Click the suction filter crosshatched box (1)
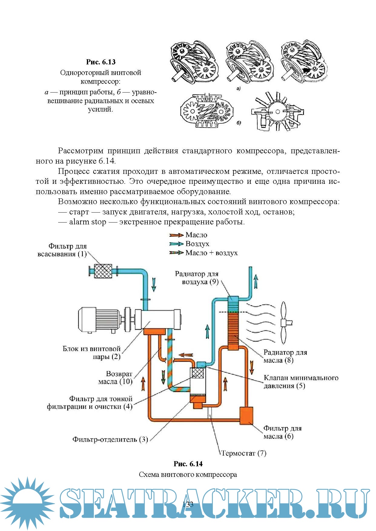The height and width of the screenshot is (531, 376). (103, 271)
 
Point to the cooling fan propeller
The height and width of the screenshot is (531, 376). (284, 323)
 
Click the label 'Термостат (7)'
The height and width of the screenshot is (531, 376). (244, 453)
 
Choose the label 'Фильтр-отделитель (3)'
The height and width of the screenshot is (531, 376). (110, 439)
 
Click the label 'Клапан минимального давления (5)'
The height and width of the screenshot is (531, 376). (301, 382)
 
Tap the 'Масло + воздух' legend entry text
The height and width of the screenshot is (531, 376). (211, 253)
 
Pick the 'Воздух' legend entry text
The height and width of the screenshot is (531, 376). (197, 244)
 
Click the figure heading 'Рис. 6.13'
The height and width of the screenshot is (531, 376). (101, 62)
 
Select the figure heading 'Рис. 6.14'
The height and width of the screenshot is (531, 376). (188, 464)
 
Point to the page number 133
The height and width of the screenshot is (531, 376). (188, 504)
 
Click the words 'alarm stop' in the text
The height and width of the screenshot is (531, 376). (87, 222)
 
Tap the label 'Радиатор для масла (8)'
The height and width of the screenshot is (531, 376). (285, 356)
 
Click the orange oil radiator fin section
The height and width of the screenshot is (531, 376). (233, 330)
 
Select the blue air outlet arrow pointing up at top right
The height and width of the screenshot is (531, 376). (256, 282)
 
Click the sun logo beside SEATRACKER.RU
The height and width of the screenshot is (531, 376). (27, 502)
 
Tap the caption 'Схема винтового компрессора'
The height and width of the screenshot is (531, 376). (188, 474)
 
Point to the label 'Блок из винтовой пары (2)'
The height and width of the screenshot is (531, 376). (91, 353)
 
